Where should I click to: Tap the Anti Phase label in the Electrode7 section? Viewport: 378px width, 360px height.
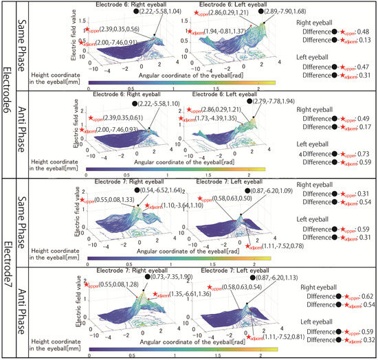(22, 313)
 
